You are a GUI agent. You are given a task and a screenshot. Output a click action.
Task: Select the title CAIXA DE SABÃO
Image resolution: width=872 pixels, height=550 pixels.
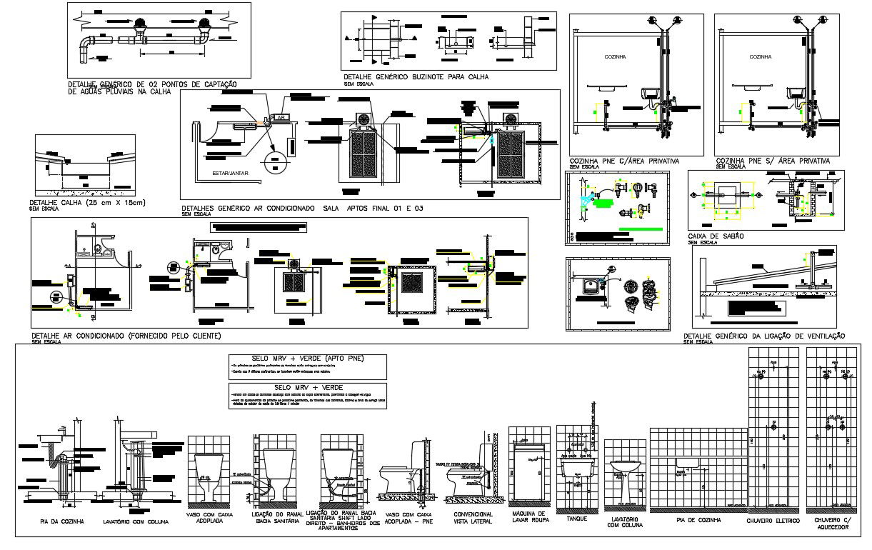pyautogui.click(x=716, y=236)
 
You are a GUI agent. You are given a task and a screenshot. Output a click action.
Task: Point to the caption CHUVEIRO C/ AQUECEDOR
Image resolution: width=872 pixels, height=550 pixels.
pyautogui.click(x=831, y=524)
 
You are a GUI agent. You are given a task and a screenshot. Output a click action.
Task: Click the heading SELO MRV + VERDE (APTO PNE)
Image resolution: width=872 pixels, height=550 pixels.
pyautogui.click(x=306, y=358)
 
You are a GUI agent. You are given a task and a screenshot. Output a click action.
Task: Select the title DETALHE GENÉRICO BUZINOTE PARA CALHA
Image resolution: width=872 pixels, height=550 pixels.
pyautogui.click(x=416, y=77)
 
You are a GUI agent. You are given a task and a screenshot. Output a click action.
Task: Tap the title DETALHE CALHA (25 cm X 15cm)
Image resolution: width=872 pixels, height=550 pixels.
pyautogui.click(x=87, y=203)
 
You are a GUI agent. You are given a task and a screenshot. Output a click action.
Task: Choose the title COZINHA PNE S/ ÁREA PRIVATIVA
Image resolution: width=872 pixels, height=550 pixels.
pyautogui.click(x=772, y=161)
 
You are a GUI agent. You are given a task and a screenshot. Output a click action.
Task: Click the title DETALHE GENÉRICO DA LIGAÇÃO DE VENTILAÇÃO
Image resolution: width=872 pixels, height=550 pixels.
pyautogui.click(x=764, y=336)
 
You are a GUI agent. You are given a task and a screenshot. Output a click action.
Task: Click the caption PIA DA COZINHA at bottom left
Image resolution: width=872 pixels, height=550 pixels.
pyautogui.click(x=61, y=522)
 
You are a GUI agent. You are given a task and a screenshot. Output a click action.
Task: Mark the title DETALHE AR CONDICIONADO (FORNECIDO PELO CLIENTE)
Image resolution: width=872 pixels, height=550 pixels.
pyautogui.click(x=126, y=335)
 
